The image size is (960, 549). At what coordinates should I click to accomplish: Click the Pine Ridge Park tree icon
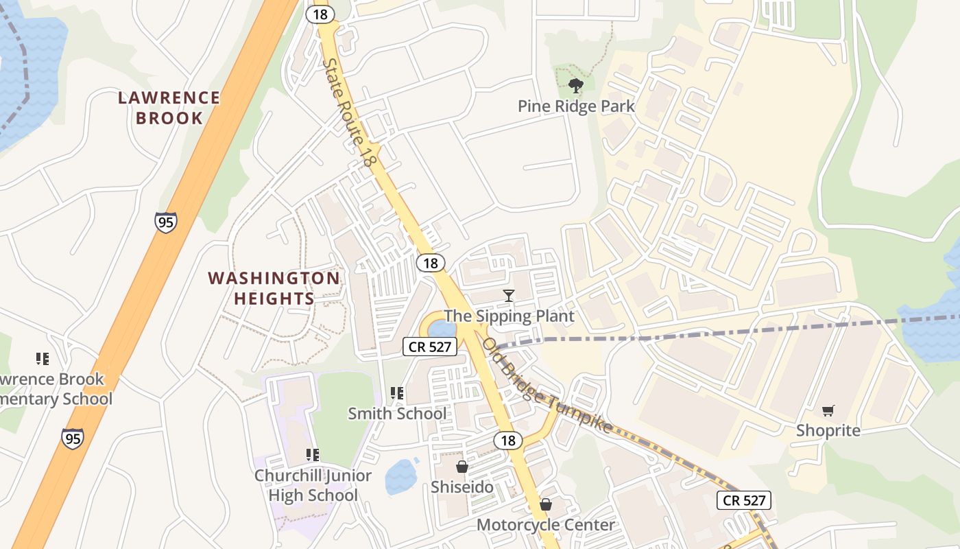576,86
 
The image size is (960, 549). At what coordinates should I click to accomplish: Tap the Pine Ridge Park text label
576,106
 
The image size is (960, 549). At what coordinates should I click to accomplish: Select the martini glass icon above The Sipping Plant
508,296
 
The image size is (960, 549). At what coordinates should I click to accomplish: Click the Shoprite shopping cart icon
828,410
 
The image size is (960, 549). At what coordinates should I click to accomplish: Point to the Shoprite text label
828,430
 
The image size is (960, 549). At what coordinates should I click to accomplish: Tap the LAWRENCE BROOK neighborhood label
169,108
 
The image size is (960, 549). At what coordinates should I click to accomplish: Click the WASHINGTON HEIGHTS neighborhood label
274,288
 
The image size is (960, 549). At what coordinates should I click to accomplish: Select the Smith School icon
396,393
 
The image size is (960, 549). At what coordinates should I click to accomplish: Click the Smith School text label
397,413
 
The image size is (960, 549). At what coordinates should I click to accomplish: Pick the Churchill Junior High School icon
313,454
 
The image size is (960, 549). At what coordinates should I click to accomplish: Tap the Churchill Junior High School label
313,485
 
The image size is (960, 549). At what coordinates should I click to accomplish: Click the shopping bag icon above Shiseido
462,467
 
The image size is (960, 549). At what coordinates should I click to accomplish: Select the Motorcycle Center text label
546,525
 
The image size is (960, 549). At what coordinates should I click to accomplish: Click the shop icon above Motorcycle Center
546,505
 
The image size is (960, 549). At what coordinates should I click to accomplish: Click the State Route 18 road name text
350,113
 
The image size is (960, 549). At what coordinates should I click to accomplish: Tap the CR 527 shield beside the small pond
430,347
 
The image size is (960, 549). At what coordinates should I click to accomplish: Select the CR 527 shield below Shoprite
745,500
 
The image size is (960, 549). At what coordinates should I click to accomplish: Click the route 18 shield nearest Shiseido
507,441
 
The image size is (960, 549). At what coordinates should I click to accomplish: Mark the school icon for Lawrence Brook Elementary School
43,358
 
